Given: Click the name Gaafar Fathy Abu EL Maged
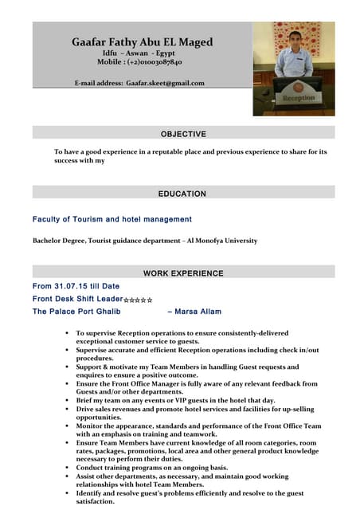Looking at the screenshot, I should (143, 41).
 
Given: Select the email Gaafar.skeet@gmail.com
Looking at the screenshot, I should (165, 83).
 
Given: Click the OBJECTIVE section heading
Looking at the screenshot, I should (183, 134).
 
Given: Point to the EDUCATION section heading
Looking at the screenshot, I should (182, 194).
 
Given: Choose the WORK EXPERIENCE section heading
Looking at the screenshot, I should (182, 273).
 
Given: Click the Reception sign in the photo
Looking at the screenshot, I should (299, 98).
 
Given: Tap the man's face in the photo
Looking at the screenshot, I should (295, 40).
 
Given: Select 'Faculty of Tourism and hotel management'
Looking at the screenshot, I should (112, 219).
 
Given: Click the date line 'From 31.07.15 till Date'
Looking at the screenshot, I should (76, 285).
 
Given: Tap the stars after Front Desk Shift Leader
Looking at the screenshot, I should (138, 299).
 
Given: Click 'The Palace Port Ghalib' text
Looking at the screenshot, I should (76, 312).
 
